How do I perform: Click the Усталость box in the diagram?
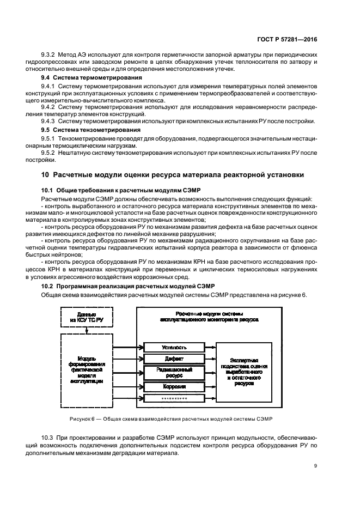(174, 347)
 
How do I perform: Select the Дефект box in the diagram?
(174, 359)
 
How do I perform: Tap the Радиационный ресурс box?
(174, 373)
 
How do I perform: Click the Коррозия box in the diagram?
(174, 386)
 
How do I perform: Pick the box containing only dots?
(174, 399)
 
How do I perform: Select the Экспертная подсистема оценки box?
(244, 373)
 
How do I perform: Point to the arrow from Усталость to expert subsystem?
(211, 347)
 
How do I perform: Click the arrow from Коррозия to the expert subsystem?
(211, 386)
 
